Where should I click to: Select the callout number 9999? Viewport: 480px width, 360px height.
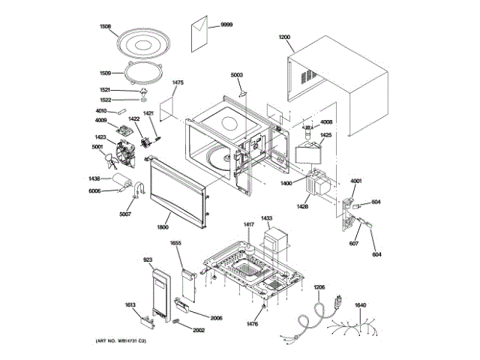point(226,25)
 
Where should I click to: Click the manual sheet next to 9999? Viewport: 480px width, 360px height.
point(202,33)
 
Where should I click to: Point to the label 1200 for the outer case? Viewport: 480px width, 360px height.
point(284,37)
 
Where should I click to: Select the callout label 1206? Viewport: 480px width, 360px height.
point(319,287)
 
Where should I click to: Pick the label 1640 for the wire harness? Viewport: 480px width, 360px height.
point(360,305)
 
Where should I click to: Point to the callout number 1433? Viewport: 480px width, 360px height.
point(266,218)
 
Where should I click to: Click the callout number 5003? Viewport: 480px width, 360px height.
point(237,75)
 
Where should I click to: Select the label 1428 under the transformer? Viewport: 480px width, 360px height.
point(302,205)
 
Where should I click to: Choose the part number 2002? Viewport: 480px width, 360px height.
point(199,330)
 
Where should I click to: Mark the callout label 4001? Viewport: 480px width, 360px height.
point(355,181)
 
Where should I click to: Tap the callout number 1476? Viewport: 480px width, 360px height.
point(253,324)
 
